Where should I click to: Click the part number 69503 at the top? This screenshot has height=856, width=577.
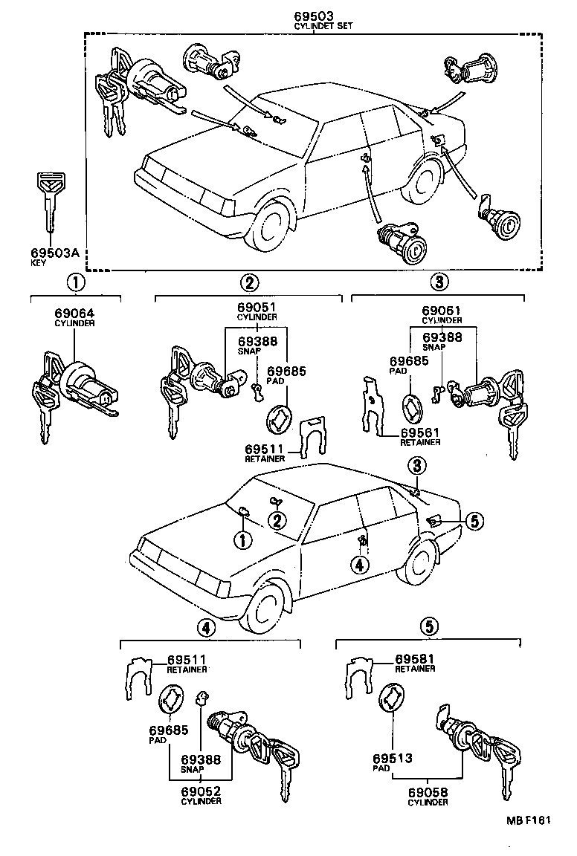coord(312,16)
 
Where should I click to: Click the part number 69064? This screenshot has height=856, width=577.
coord(72,314)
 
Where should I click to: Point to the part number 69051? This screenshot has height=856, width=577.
coord(257,308)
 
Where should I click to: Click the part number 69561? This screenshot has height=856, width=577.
coord(421,432)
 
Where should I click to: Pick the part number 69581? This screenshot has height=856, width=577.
coord(415,659)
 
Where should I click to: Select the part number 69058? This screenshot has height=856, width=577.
coord(428,794)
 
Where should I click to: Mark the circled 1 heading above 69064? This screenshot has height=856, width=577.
coord(75,282)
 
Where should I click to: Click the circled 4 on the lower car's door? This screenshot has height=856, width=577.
coord(360,565)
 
